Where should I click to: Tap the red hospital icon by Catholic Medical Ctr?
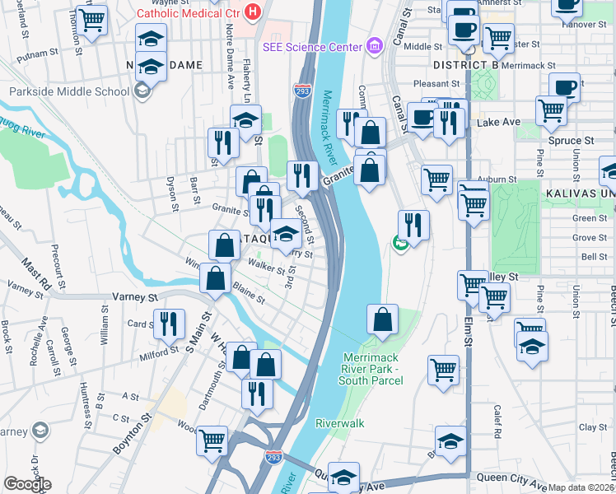[253, 13]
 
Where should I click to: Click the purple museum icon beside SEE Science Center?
[375, 46]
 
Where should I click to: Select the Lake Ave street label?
[498, 122]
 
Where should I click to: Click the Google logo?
[27, 484]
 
